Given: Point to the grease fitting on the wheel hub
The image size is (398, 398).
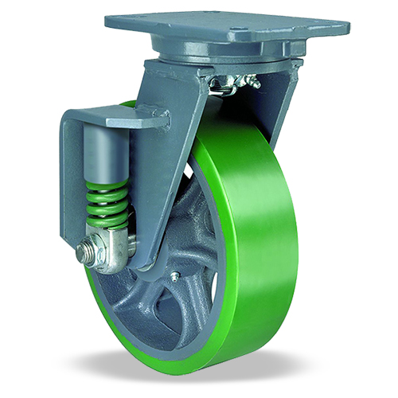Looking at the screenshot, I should point(173,276).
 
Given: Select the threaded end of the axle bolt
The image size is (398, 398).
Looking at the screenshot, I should point(79,254).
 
